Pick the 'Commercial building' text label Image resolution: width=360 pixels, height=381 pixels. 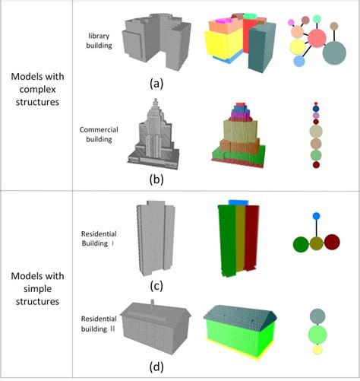pyautogui.click(x=99, y=135)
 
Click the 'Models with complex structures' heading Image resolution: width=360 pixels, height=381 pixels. pyautogui.click(x=36, y=89)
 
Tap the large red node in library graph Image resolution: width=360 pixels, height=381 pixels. pyautogui.click(x=315, y=37)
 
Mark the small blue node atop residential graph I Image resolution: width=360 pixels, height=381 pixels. pyautogui.click(x=316, y=217)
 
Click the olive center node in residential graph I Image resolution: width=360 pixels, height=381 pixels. pyautogui.click(x=316, y=244)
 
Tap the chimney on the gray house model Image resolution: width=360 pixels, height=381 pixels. pyautogui.click(x=154, y=304)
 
